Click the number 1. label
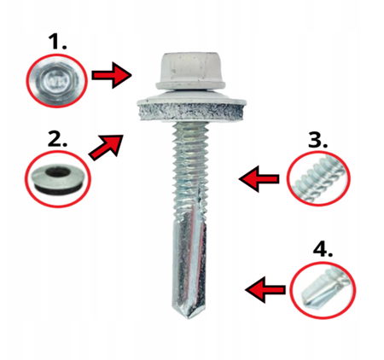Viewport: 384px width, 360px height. tap(57, 42)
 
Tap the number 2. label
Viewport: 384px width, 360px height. tap(57, 139)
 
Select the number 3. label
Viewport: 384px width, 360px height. tap(317, 140)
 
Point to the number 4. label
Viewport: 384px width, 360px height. tap(323, 249)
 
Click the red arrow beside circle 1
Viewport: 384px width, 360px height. tap(112, 75)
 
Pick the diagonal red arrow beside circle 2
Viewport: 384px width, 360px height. tap(107, 147)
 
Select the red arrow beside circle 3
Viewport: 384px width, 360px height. tap(259, 179)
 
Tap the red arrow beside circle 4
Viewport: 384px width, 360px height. tap(265, 290)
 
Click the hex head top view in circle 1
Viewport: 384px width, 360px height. tap(56, 81)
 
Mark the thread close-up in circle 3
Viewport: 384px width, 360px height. tap(318, 179)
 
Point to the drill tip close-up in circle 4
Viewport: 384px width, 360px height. tap(323, 290)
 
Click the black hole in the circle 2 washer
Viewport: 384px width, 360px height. tap(58, 172)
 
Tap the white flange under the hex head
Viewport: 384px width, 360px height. tap(190, 84)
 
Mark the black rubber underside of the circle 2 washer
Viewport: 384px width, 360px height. tap(58, 190)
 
